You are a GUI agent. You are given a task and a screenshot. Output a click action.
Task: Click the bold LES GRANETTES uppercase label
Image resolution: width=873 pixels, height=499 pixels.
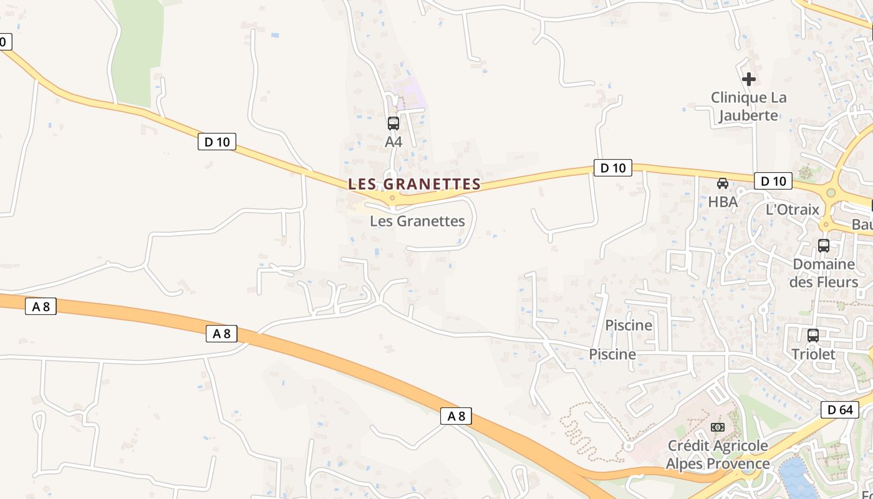click(x=415, y=184)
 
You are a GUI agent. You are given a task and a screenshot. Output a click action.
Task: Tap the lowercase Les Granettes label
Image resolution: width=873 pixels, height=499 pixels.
click(x=417, y=221)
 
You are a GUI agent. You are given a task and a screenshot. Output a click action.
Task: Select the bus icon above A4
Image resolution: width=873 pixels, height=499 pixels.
click(x=393, y=124)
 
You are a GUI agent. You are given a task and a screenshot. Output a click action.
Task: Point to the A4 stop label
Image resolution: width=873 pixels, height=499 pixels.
click(x=393, y=142)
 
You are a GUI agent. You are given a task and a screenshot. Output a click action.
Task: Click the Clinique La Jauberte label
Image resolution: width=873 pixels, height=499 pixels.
click(x=748, y=106)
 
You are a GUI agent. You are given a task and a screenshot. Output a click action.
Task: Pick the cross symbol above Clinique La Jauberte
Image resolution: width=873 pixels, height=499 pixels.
click(x=748, y=79)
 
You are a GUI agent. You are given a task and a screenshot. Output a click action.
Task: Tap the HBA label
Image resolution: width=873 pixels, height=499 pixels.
click(x=723, y=201)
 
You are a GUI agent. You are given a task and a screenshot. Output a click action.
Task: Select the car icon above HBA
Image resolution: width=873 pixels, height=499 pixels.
click(x=723, y=183)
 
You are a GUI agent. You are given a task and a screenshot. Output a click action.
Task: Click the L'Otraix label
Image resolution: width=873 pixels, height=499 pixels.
click(x=792, y=209)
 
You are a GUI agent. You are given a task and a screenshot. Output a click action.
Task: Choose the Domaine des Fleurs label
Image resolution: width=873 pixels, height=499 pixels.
click(x=824, y=273)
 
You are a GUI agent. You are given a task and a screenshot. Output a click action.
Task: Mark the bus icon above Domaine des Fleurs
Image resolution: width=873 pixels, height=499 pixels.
click(x=824, y=246)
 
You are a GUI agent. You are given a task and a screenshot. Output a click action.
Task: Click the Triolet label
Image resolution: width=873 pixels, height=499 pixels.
click(x=813, y=354)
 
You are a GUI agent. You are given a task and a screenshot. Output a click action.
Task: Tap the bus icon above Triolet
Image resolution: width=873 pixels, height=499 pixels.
click(x=813, y=336)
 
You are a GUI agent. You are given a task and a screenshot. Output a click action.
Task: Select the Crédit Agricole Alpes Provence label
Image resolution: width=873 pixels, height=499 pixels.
click(x=718, y=454)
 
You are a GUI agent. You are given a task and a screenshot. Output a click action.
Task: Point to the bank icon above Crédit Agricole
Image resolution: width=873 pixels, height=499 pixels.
click(x=718, y=427)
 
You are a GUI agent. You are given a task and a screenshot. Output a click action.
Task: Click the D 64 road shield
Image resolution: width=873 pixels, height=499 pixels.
click(x=840, y=410)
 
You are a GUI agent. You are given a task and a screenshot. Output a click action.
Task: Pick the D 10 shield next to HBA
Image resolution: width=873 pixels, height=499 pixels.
click(x=773, y=181)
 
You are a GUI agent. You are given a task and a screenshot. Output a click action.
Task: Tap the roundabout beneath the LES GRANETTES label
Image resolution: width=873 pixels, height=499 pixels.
click(x=392, y=198)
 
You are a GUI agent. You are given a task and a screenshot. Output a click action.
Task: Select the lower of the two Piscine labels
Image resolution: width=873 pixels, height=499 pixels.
click(x=612, y=354)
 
